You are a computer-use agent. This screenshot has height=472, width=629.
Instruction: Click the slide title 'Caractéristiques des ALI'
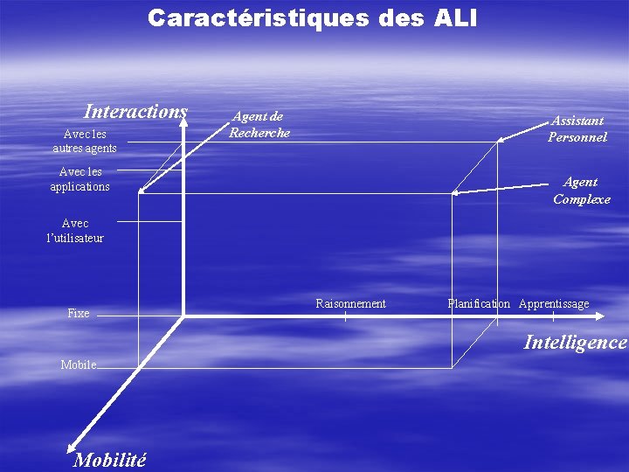pyautogui.click(x=312, y=18)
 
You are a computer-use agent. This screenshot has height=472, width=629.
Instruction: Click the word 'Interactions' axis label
pyautogui.click(x=135, y=112)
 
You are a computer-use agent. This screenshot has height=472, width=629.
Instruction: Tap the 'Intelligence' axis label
pyautogui.click(x=575, y=343)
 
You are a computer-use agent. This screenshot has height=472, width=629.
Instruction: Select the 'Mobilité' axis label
pyautogui.click(x=110, y=460)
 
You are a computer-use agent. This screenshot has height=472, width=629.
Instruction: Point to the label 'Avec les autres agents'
pyautogui.click(x=85, y=141)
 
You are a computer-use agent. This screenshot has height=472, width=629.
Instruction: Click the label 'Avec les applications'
pyautogui.click(x=80, y=179)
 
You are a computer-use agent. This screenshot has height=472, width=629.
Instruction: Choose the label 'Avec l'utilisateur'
pyautogui.click(x=75, y=231)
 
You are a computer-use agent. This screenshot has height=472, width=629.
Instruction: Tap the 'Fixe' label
pyautogui.click(x=79, y=313)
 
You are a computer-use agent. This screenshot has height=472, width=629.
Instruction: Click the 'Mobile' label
pyautogui.click(x=79, y=364)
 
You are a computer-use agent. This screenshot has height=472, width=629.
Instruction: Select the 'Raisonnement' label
pyautogui.click(x=350, y=303)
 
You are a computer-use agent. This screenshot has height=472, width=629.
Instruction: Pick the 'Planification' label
pyautogui.click(x=479, y=303)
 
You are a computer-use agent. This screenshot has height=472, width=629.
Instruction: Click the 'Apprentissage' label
pyautogui.click(x=554, y=303)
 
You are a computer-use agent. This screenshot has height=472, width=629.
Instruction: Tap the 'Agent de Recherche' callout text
pyautogui.click(x=259, y=124)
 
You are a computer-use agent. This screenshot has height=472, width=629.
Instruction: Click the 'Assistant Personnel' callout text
pyautogui.click(x=577, y=128)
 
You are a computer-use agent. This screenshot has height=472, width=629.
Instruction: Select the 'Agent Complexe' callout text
pyautogui.click(x=581, y=191)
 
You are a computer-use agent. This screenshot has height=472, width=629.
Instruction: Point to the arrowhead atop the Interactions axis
pyautogui.click(x=183, y=120)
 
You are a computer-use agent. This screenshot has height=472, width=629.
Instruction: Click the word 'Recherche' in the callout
pyautogui.click(x=259, y=133)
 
